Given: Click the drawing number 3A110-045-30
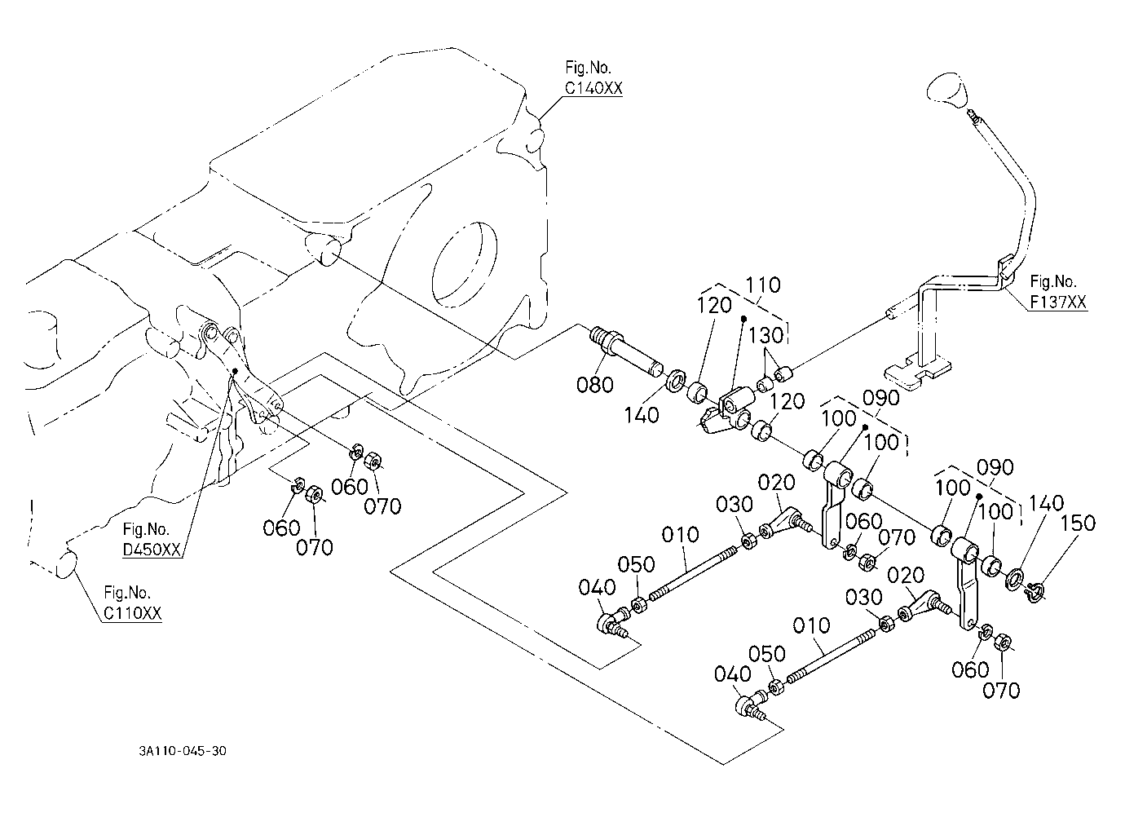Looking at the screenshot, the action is tap(183, 751).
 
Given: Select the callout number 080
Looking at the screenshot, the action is tap(594, 386).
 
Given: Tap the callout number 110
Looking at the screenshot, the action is tap(763, 285).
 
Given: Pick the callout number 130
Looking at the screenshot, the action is tap(766, 335).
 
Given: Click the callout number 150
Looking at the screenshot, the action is tap(1078, 523).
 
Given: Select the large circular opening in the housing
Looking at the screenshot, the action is tap(465, 264).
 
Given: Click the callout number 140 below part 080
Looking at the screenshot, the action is tap(642, 416).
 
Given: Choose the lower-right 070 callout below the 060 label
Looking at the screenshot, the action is tap(1001, 691).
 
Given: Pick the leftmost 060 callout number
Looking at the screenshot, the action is tap(282, 528).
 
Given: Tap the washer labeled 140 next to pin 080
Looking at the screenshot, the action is tap(677, 380).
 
